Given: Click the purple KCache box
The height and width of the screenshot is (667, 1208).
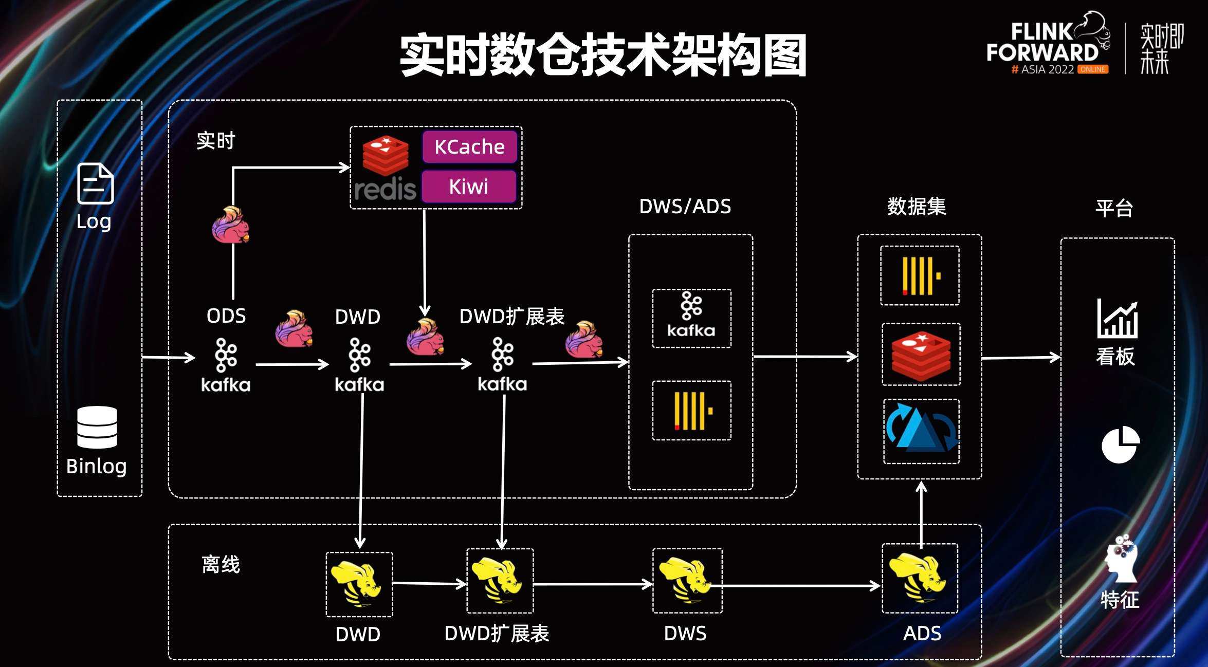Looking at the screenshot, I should pyautogui.click(x=469, y=147).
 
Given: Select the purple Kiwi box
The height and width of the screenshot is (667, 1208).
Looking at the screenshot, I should pyautogui.click(x=468, y=187).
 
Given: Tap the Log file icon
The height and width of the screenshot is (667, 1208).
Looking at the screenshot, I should pyautogui.click(x=95, y=183).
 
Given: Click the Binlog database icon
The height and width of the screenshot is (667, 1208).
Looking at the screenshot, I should pyautogui.click(x=97, y=427).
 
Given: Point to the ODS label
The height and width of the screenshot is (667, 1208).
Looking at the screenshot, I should pyautogui.click(x=226, y=316).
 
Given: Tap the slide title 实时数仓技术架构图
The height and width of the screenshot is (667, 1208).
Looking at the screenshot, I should pyautogui.click(x=603, y=55).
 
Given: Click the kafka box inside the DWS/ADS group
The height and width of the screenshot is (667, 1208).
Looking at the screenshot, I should pyautogui.click(x=691, y=318).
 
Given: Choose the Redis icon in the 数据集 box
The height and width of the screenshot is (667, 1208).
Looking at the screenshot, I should pyautogui.click(x=921, y=354).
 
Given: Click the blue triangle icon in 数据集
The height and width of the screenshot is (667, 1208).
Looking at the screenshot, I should pyautogui.click(x=921, y=431).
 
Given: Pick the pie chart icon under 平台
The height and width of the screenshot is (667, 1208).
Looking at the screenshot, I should pyautogui.click(x=1120, y=444).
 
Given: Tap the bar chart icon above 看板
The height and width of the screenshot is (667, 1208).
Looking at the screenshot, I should pyautogui.click(x=1117, y=319).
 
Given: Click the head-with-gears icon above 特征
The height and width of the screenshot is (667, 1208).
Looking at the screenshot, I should pyautogui.click(x=1121, y=559).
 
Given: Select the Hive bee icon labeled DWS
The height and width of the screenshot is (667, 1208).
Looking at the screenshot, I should pyautogui.click(x=687, y=581).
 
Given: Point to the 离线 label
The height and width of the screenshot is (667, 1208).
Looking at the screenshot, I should pyautogui.click(x=221, y=564).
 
